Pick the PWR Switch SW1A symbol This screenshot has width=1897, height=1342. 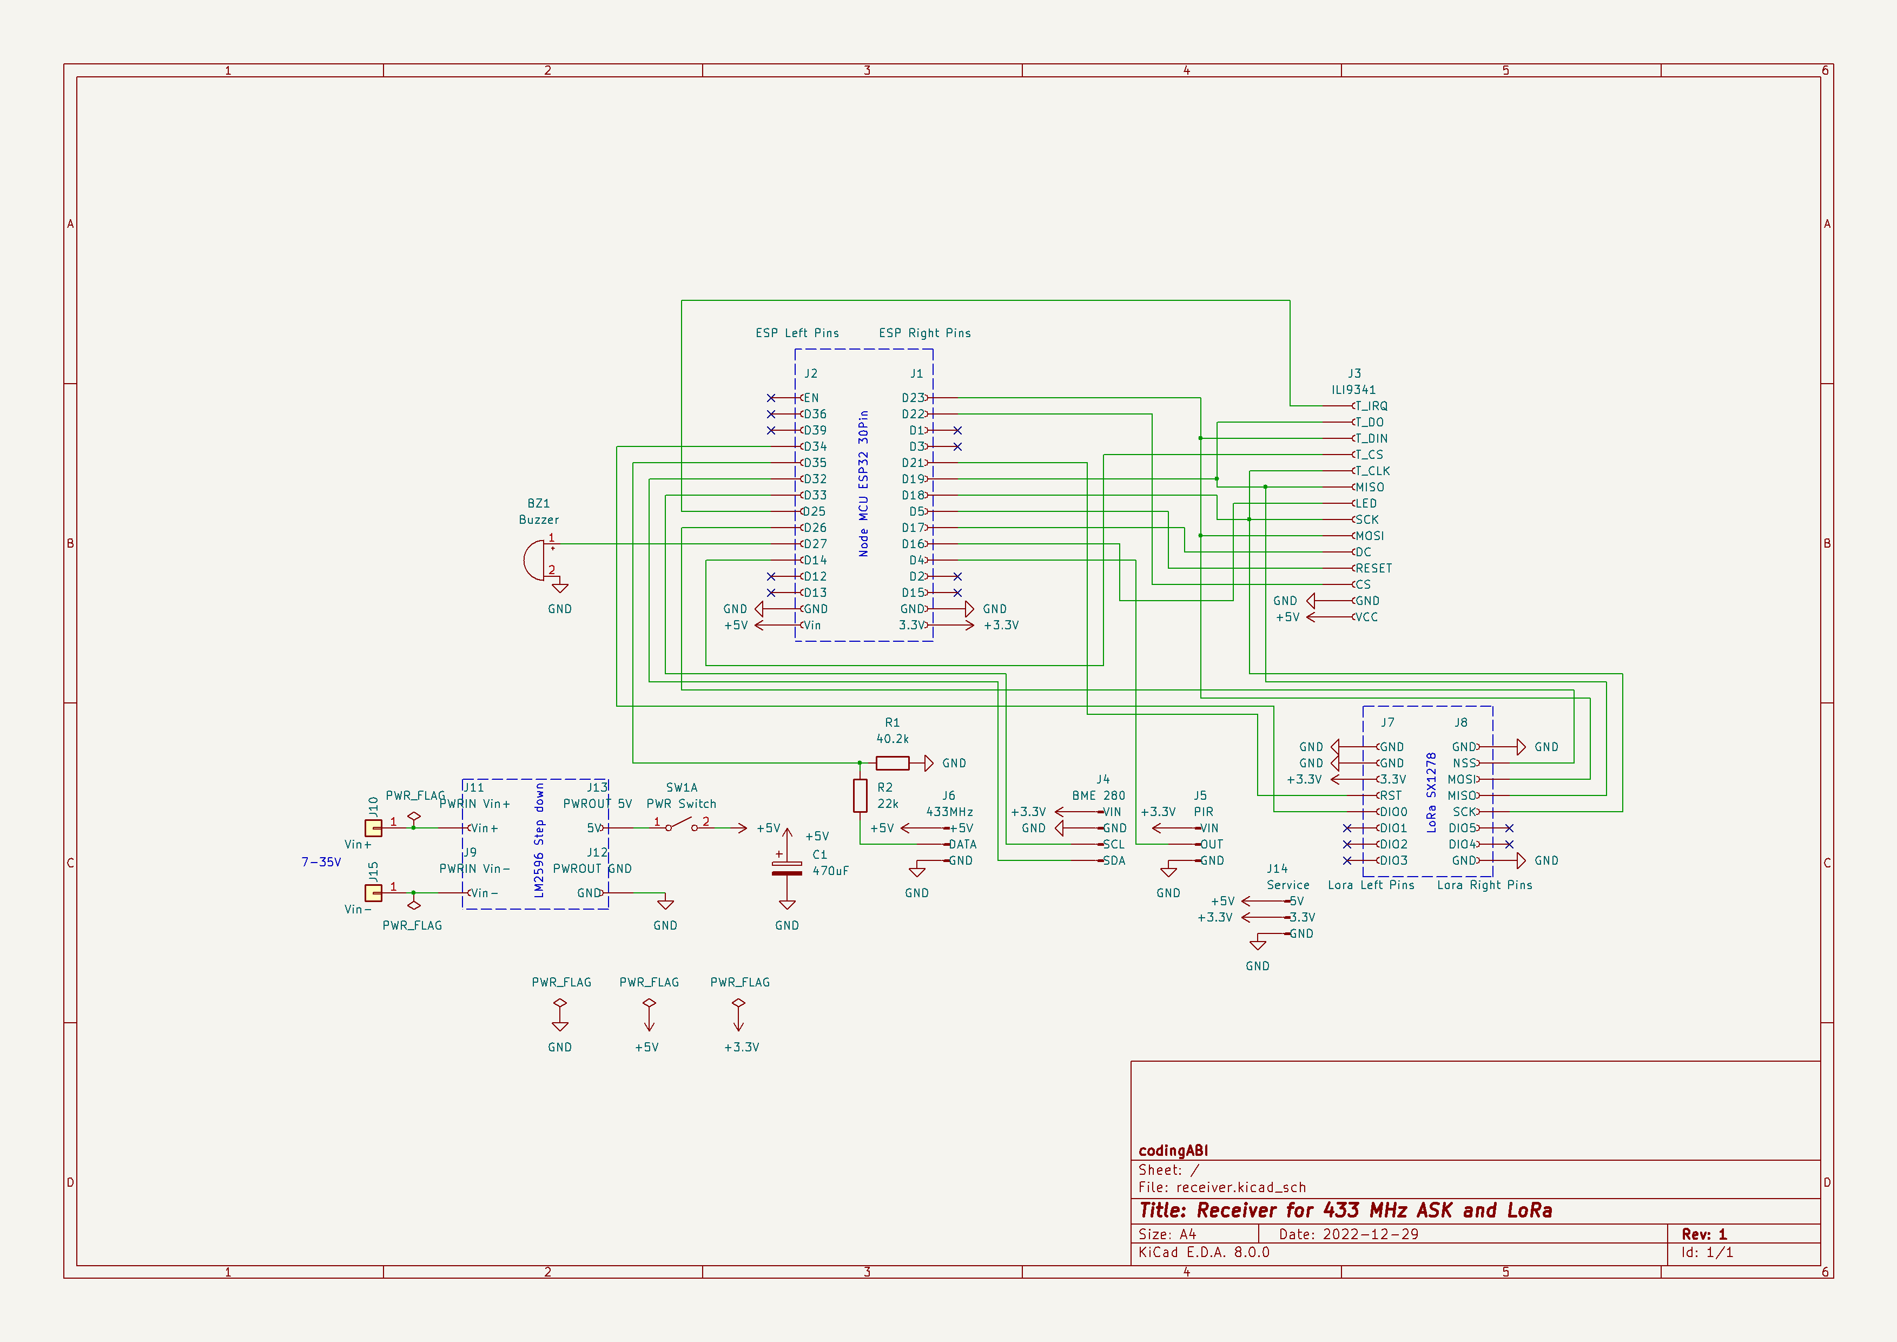click(681, 824)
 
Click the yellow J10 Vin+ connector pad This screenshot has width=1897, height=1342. click(373, 827)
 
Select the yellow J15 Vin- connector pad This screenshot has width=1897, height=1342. click(373, 892)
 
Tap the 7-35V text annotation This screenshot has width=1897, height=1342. click(321, 862)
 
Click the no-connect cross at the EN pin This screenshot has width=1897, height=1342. click(771, 398)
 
